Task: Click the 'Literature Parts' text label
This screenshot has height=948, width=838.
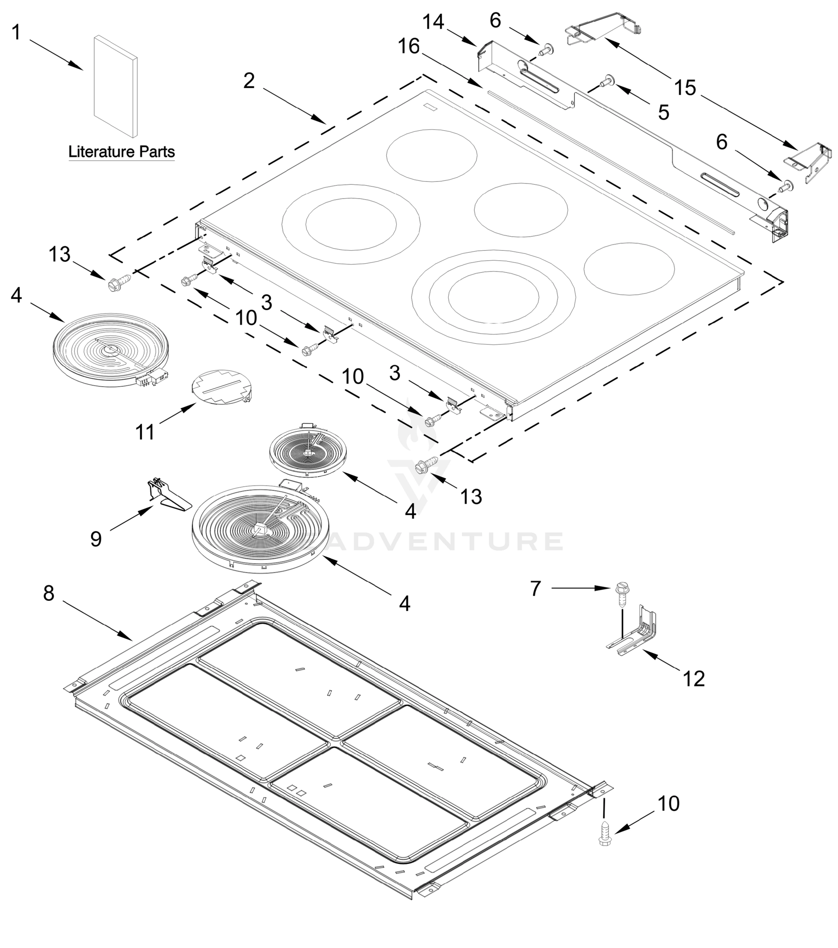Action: click(x=122, y=152)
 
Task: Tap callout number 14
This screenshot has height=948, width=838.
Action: click(x=433, y=22)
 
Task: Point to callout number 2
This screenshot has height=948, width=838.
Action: click(x=249, y=81)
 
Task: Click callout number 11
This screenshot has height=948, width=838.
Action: click(x=145, y=432)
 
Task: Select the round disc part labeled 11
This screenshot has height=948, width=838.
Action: click(x=221, y=387)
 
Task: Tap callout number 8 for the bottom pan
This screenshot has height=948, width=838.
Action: click(x=49, y=593)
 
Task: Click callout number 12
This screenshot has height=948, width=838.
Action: click(x=694, y=679)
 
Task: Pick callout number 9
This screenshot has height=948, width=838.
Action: click(x=96, y=539)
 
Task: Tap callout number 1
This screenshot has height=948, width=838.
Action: click(x=16, y=33)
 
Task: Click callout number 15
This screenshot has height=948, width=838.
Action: click(x=685, y=88)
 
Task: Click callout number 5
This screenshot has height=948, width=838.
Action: click(x=664, y=113)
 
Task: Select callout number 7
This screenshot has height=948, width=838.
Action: click(x=536, y=589)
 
